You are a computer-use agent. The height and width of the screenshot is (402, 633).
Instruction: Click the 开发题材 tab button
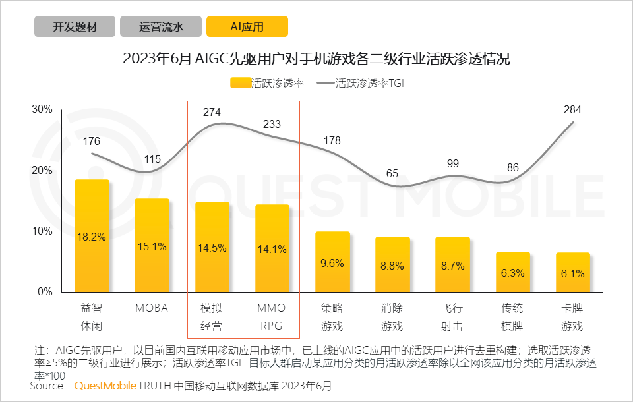point(75,26)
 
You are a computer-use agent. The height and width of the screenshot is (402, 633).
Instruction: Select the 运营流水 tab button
point(161,26)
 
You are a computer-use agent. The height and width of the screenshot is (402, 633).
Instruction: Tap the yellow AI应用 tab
point(247,26)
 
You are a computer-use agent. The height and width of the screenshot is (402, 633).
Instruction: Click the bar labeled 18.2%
point(92,236)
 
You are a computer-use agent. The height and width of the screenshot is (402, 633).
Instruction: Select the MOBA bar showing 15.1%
point(152,245)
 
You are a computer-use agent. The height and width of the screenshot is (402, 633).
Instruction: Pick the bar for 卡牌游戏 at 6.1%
point(572,272)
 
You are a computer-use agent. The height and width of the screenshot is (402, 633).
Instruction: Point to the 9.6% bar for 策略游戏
point(332,262)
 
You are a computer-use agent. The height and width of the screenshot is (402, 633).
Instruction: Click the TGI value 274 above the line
point(212,112)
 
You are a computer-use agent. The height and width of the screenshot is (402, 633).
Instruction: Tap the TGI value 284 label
point(572,109)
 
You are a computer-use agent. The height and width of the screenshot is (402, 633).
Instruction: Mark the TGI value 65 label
point(392,174)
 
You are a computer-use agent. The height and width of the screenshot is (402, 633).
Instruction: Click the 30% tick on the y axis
point(42,110)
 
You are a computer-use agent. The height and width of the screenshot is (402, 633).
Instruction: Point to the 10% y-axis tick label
point(42,231)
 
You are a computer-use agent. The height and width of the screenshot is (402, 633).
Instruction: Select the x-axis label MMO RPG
point(272,317)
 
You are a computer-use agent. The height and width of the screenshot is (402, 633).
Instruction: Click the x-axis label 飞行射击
point(452,317)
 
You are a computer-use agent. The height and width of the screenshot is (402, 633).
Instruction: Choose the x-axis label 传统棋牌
point(512,317)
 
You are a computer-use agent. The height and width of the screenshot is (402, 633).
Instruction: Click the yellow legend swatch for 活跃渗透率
point(240,84)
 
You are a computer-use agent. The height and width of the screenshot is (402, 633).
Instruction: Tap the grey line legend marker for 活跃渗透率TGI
point(325,84)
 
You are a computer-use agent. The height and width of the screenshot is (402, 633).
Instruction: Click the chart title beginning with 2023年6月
point(316,59)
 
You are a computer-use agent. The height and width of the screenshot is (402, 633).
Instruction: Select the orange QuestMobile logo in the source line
point(105,386)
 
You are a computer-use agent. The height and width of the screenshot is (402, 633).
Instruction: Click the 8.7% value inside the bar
point(452,266)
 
